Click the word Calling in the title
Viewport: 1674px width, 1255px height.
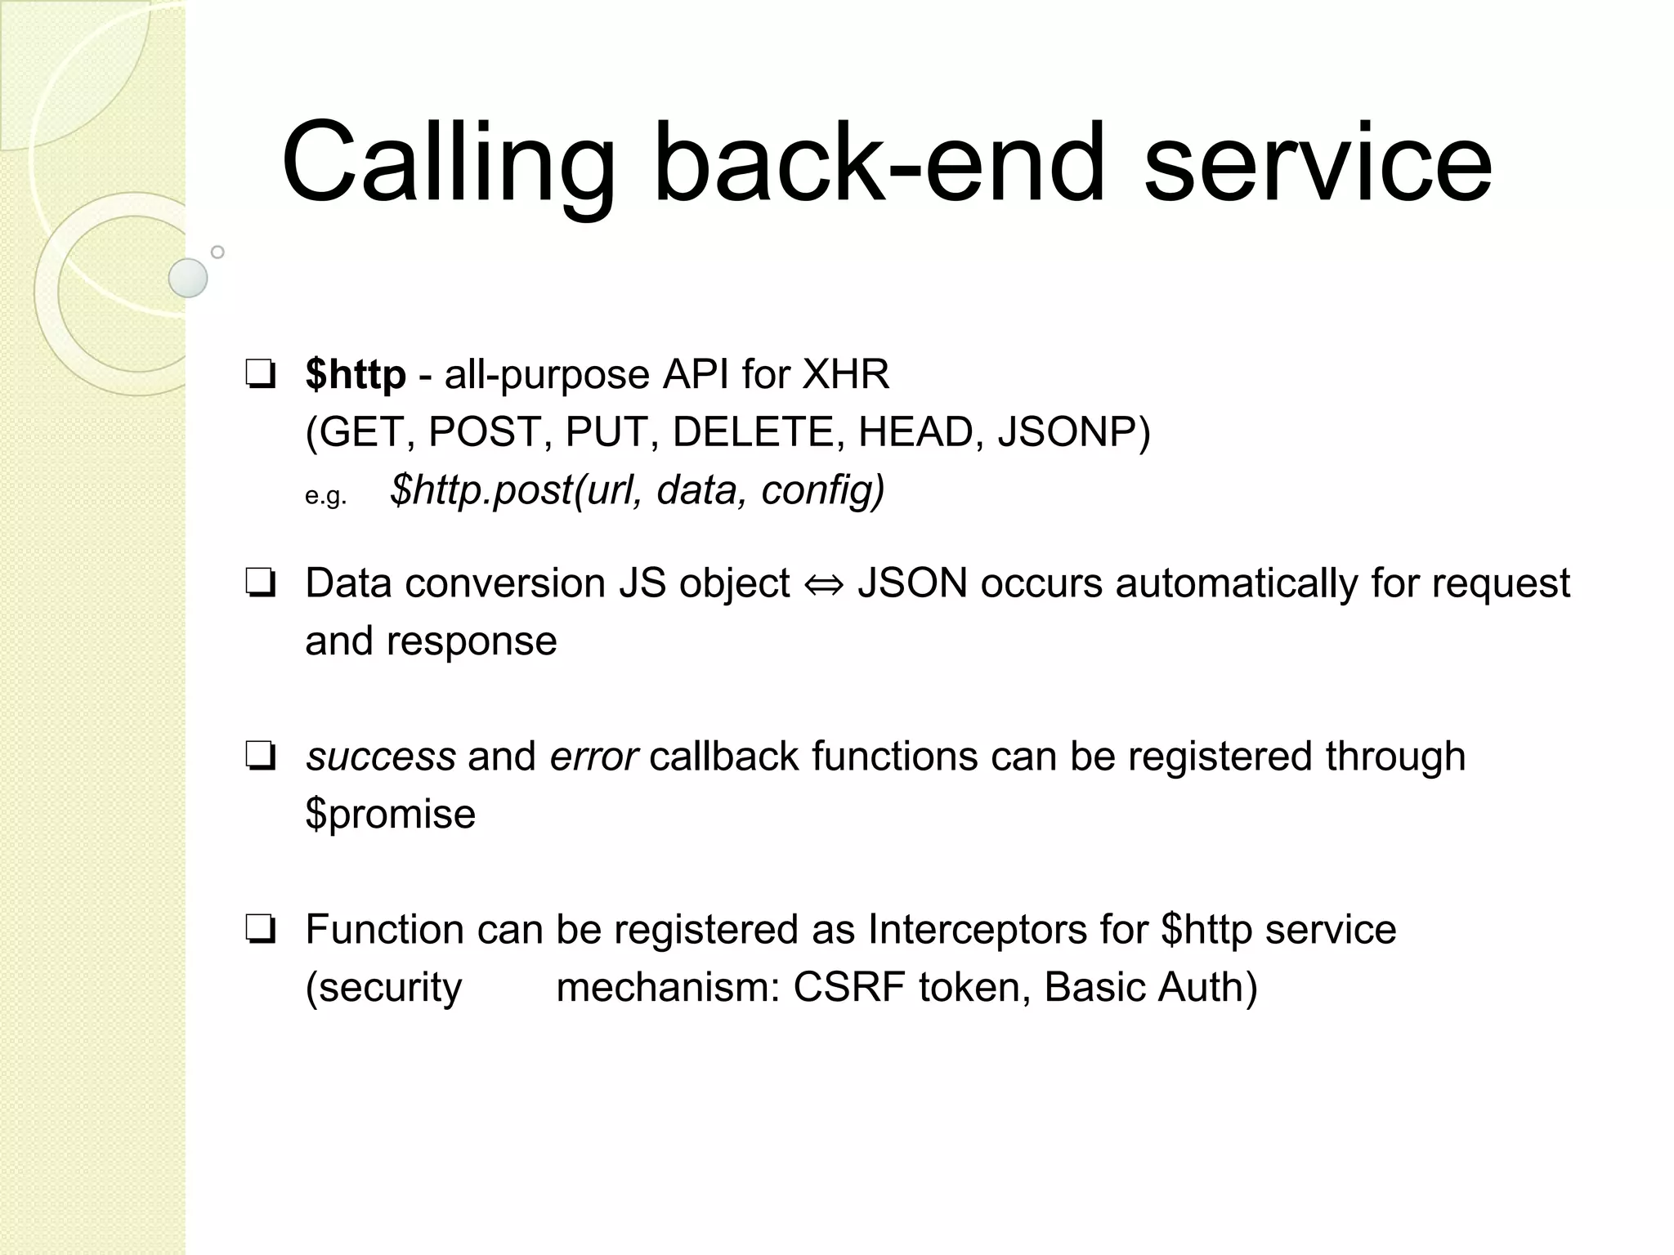448,163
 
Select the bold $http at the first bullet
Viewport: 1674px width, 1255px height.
356,375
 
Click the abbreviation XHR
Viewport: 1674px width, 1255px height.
845,375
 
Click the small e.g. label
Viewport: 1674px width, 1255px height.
326,496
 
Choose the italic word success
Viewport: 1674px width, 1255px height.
381,757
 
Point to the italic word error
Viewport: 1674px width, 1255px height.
593,757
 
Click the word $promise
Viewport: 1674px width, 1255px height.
390,814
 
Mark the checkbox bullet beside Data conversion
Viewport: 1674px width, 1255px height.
260,584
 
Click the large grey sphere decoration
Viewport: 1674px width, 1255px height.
188,278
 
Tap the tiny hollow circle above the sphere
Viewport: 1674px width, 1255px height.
217,252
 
